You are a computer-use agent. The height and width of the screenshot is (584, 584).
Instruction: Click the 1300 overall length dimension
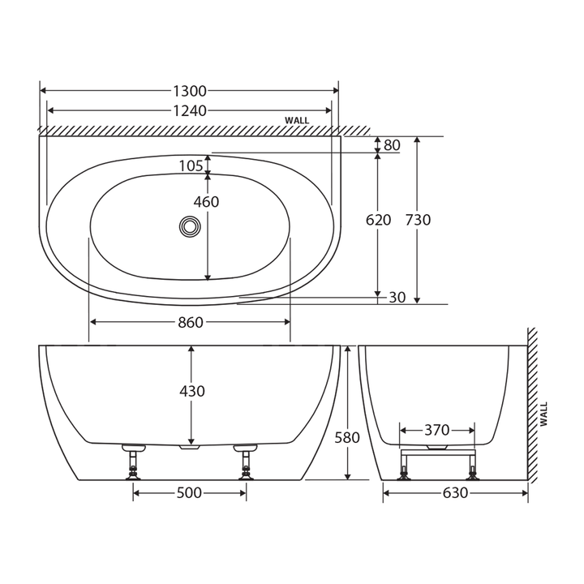pyautogui.click(x=190, y=91)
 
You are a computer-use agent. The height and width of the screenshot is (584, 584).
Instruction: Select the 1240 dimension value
pyautogui.click(x=190, y=110)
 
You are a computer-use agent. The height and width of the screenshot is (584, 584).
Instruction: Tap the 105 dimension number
pyautogui.click(x=191, y=166)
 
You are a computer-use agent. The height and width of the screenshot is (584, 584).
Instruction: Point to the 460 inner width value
pyautogui.click(x=206, y=202)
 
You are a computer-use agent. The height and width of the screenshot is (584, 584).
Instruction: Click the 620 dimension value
pyautogui.click(x=378, y=220)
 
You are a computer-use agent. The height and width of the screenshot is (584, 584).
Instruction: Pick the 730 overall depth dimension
pyautogui.click(x=418, y=220)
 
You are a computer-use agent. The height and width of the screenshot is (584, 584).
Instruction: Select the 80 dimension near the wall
pyautogui.click(x=392, y=146)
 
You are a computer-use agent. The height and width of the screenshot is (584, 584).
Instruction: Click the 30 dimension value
pyautogui.click(x=397, y=298)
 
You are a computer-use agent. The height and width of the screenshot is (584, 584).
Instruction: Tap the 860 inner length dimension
pyautogui.click(x=190, y=323)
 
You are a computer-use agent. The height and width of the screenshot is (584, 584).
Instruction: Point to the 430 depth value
pyautogui.click(x=191, y=391)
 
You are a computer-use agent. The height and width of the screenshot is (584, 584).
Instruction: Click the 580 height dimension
pyautogui.click(x=347, y=438)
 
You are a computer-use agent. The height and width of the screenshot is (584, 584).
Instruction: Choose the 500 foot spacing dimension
pyautogui.click(x=188, y=493)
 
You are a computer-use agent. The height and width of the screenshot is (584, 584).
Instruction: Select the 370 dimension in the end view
pyautogui.click(x=437, y=429)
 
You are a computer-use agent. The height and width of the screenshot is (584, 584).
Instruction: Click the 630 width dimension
pyautogui.click(x=456, y=493)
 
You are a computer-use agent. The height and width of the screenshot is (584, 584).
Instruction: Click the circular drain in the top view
pyautogui.click(x=191, y=226)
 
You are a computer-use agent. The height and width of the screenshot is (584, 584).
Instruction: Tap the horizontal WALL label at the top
pyautogui.click(x=297, y=121)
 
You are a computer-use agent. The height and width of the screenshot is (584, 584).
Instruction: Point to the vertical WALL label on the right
pyautogui.click(x=543, y=414)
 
